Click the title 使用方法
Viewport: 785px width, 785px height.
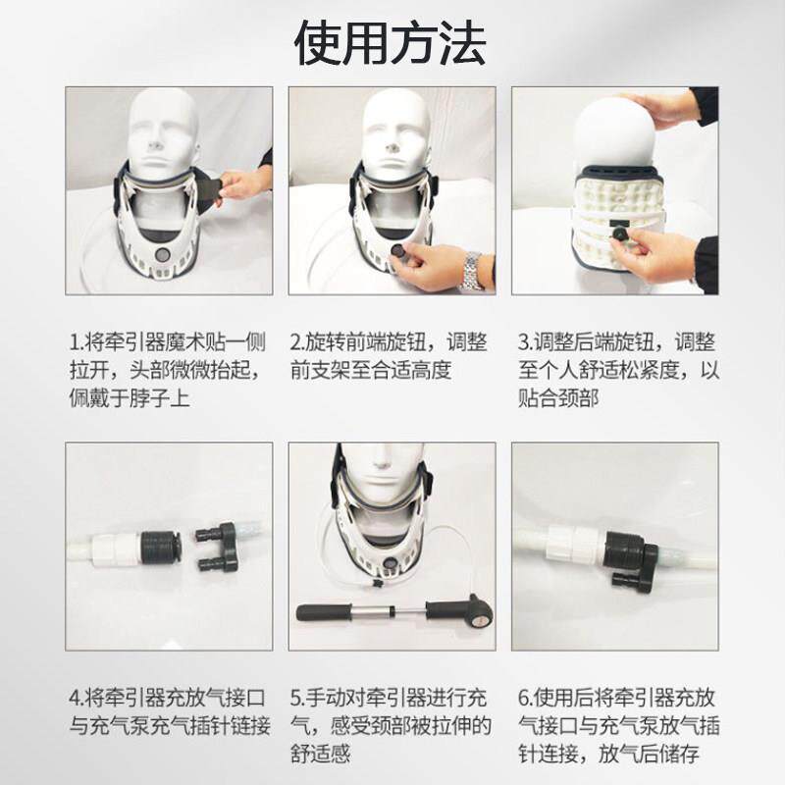[x=390, y=43]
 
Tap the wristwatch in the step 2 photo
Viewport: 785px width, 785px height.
[x=471, y=271]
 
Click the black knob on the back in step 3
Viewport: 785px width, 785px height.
[x=622, y=234]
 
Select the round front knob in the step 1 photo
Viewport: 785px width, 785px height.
[x=164, y=255]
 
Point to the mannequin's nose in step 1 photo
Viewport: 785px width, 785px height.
[x=155, y=144]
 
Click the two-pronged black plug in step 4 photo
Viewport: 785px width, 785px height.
[x=218, y=548]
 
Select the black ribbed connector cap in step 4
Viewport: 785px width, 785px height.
[x=160, y=548]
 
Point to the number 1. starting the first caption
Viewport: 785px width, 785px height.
[x=77, y=342]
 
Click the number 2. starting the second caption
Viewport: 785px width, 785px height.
[x=298, y=342]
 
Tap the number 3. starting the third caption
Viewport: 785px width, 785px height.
[x=526, y=342]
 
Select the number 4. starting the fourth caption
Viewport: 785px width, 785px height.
[x=77, y=698]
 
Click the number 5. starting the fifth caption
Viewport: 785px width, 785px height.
[x=298, y=698]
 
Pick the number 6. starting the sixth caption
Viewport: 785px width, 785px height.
[x=526, y=698]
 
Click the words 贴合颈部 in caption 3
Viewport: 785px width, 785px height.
[x=558, y=399]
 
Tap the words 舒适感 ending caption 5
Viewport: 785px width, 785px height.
[x=321, y=754]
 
